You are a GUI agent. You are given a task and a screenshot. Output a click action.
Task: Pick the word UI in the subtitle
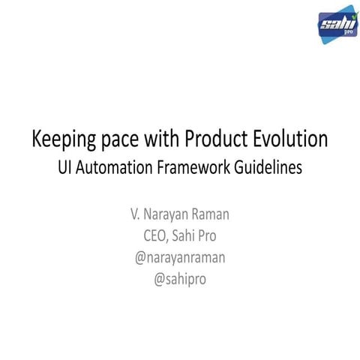pos(67,168)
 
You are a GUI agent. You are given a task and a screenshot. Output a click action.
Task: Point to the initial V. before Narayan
pos(136,214)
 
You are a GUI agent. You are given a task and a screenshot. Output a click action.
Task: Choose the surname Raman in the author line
pos(212,214)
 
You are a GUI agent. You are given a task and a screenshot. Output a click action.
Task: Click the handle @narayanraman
pos(180,259)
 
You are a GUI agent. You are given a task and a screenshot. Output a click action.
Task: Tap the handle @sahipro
pos(180,280)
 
